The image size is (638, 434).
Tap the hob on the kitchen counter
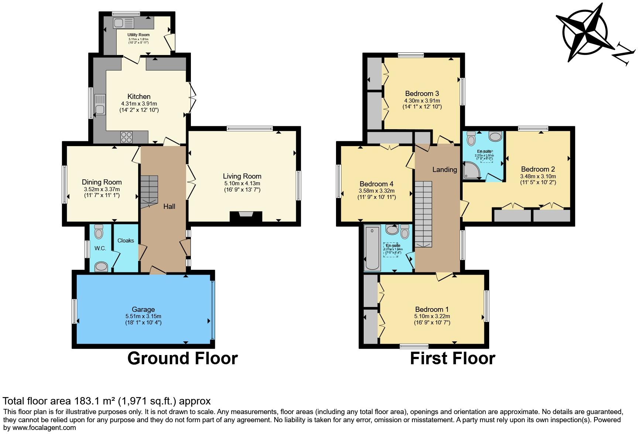126,137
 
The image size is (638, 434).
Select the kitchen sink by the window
100,104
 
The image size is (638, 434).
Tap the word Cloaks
126,240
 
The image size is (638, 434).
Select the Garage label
143,309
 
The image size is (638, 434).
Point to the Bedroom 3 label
422,93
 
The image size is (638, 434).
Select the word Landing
445,169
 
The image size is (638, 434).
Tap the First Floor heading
452,358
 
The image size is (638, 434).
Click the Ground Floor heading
182,358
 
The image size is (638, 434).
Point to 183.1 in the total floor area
88,401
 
